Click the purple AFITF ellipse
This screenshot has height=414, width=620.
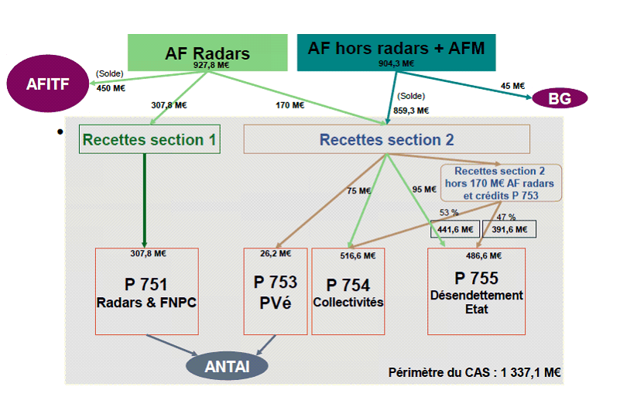(x=48, y=84)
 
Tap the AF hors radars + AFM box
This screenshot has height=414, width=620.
(x=396, y=48)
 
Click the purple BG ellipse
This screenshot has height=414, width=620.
(x=559, y=98)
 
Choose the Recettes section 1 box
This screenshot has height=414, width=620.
(x=150, y=140)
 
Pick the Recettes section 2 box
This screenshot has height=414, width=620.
(x=386, y=139)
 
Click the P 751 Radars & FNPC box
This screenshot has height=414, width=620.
(x=146, y=291)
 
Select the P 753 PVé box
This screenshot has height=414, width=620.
(x=275, y=291)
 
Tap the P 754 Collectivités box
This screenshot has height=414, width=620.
(x=348, y=291)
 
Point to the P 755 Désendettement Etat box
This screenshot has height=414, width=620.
(x=476, y=291)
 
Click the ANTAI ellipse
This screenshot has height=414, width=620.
(x=227, y=365)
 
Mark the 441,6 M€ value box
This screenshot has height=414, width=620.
(x=455, y=229)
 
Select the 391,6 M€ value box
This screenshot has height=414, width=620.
(x=509, y=229)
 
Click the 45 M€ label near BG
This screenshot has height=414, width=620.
(x=512, y=86)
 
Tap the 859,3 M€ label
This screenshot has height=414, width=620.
(x=411, y=111)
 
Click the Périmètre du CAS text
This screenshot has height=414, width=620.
(x=474, y=372)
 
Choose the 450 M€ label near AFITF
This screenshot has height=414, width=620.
(x=111, y=87)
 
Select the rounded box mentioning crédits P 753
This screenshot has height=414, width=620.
(x=502, y=183)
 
